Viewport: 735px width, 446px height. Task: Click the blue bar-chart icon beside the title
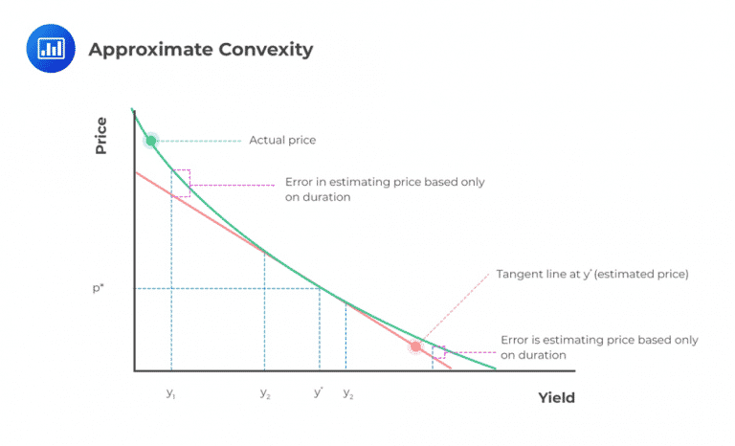tap(49, 50)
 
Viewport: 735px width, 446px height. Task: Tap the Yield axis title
tap(556, 397)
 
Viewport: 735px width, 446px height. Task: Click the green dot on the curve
tap(150, 141)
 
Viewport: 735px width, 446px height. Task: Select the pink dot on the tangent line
tap(415, 346)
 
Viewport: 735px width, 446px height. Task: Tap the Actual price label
tap(282, 141)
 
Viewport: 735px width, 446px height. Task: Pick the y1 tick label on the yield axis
tap(170, 393)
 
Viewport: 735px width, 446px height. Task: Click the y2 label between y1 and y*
tap(264, 393)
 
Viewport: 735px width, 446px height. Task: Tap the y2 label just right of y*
tap(348, 393)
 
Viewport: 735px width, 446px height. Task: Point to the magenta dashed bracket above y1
tap(181, 183)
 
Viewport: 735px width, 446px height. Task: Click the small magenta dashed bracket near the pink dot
tap(438, 352)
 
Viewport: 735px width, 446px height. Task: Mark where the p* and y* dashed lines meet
tap(320, 287)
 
